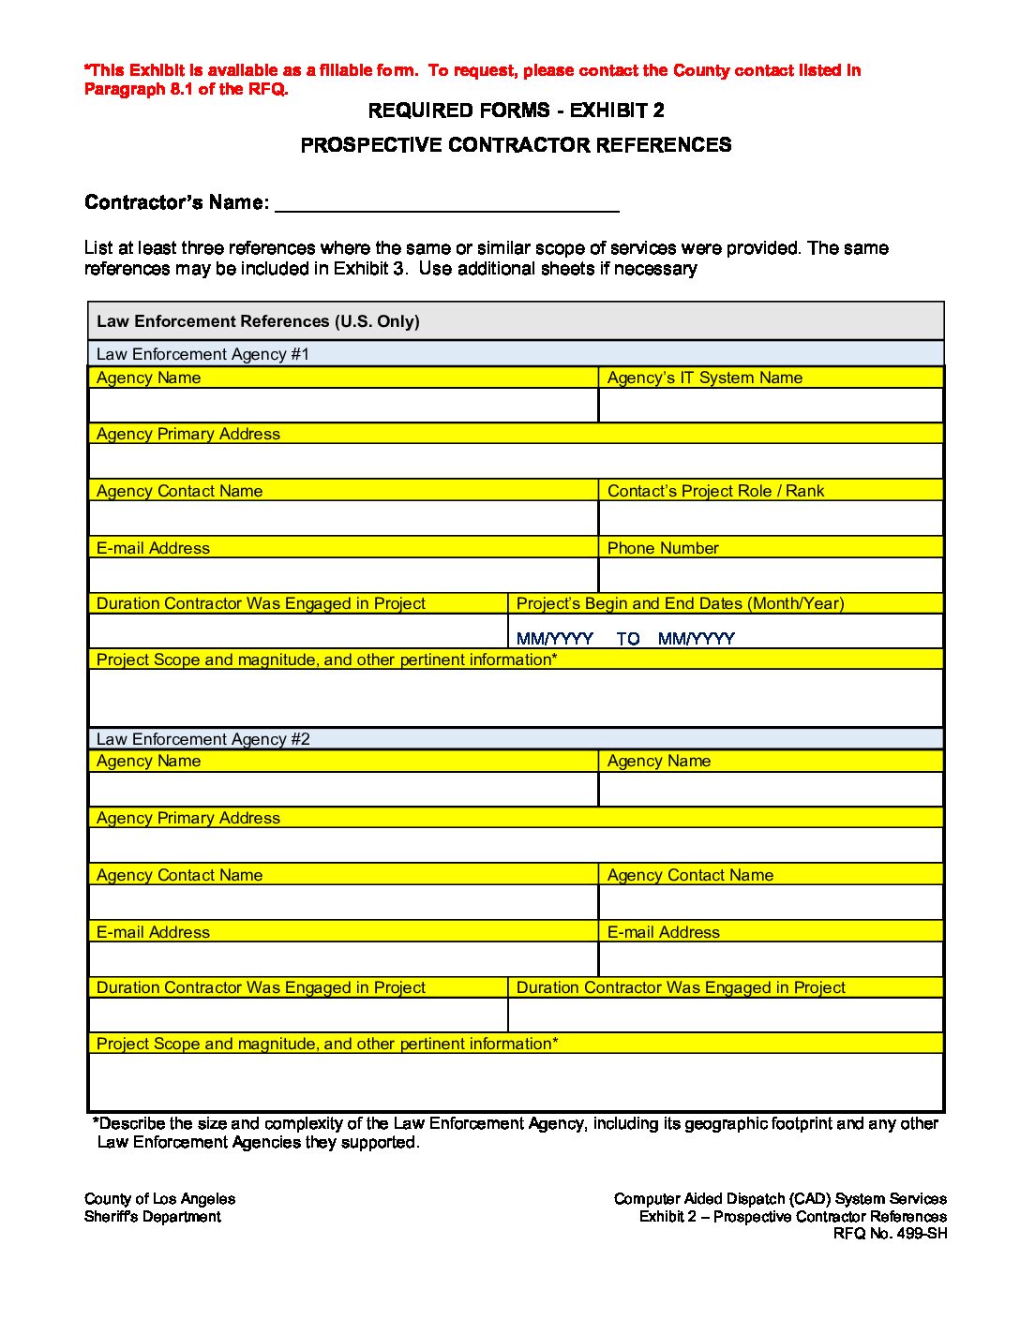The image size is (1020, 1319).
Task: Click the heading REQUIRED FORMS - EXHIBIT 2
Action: [516, 111]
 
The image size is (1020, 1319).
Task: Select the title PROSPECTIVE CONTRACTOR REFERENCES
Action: [516, 145]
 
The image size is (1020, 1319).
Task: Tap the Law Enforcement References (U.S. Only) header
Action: [258, 321]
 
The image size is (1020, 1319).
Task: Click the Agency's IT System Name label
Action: [704, 378]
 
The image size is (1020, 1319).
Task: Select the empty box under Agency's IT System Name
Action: [771, 406]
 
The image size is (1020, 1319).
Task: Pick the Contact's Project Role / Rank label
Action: [715, 491]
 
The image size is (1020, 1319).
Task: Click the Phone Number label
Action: [663, 548]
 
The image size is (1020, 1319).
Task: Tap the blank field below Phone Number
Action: [771, 575]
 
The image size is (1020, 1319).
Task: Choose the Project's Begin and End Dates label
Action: [680, 603]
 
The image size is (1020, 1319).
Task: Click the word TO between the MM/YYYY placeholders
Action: [628, 639]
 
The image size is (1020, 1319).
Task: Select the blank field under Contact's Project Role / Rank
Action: [771, 518]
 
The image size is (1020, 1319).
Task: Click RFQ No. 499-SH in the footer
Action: [890, 1234]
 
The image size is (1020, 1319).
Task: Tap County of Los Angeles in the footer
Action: [159, 1199]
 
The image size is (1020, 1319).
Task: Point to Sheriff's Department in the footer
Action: [153, 1217]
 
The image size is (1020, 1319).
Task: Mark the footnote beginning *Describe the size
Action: [515, 1133]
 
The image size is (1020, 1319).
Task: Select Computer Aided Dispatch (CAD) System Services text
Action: [780, 1199]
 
